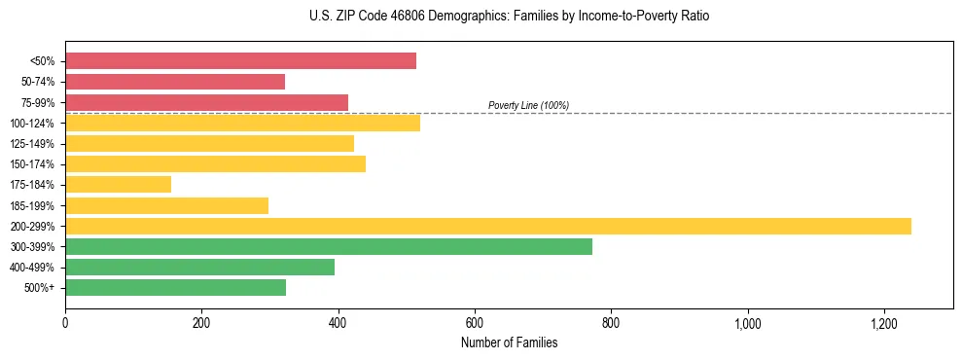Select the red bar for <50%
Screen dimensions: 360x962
point(240,61)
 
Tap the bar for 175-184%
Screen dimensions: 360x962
point(118,185)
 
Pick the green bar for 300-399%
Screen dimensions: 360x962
point(329,246)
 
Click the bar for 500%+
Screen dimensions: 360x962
point(190,288)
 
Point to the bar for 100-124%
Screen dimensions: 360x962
point(242,123)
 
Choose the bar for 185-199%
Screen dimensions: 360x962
point(166,205)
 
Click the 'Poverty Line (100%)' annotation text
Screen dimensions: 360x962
point(528,105)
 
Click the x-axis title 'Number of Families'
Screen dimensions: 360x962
point(509,342)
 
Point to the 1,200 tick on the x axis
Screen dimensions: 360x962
point(883,322)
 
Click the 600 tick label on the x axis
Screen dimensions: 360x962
point(475,322)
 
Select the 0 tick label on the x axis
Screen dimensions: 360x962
point(65,322)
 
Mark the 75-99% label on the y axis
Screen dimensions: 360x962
point(38,103)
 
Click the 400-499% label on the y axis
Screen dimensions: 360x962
point(36,268)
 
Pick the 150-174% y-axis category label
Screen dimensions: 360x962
point(36,164)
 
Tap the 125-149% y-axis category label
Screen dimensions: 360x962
point(36,144)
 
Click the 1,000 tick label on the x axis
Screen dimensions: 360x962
point(747,322)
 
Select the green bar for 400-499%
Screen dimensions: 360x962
point(224,267)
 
